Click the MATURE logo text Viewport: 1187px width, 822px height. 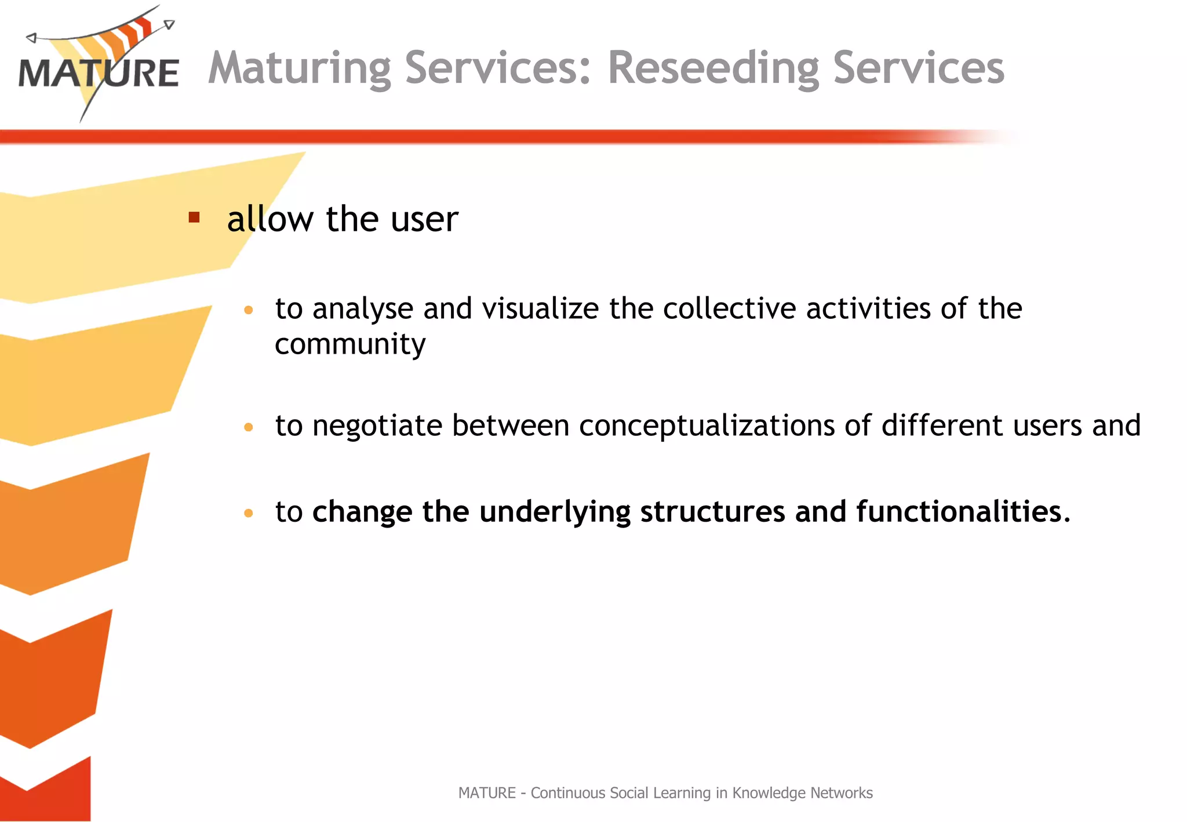(99, 74)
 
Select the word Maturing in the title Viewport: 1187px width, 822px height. (300, 68)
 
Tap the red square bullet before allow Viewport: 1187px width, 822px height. (194, 217)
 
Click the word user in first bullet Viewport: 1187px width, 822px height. (424, 220)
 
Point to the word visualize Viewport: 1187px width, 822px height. (540, 308)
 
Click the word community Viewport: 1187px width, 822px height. (350, 345)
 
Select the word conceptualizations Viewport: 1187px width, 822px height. (707, 426)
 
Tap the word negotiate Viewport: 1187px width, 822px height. (377, 426)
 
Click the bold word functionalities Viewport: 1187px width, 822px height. (962, 512)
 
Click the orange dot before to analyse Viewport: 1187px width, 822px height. (249, 310)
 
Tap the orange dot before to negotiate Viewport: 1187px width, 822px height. (249, 428)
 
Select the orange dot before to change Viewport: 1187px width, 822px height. (249, 513)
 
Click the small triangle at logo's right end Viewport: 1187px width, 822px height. (169, 24)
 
